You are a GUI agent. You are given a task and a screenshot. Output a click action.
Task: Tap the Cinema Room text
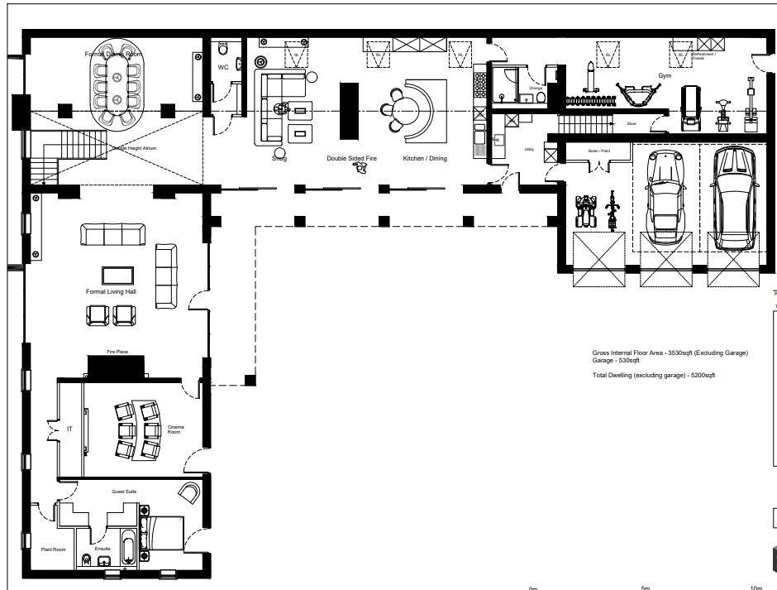[176, 429]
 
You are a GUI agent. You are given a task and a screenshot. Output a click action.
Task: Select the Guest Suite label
[124, 492]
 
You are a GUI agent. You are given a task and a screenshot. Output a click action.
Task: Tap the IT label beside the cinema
[69, 429]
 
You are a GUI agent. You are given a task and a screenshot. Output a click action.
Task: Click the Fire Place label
[117, 352]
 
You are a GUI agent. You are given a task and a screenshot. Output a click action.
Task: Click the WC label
[223, 67]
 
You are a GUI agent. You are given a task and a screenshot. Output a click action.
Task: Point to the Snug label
[279, 158]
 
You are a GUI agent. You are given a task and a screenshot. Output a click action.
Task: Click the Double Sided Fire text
[351, 158]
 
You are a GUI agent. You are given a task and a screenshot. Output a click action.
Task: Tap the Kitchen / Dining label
[424, 158]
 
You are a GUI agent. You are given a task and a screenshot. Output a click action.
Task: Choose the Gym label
[665, 75]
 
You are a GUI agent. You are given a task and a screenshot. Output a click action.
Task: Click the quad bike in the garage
[586, 211]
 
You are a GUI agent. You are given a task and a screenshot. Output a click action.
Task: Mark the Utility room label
[529, 150]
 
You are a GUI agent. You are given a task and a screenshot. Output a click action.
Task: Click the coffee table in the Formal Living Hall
[117, 275]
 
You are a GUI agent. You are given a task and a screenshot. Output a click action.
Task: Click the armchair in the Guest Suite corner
[189, 492]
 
